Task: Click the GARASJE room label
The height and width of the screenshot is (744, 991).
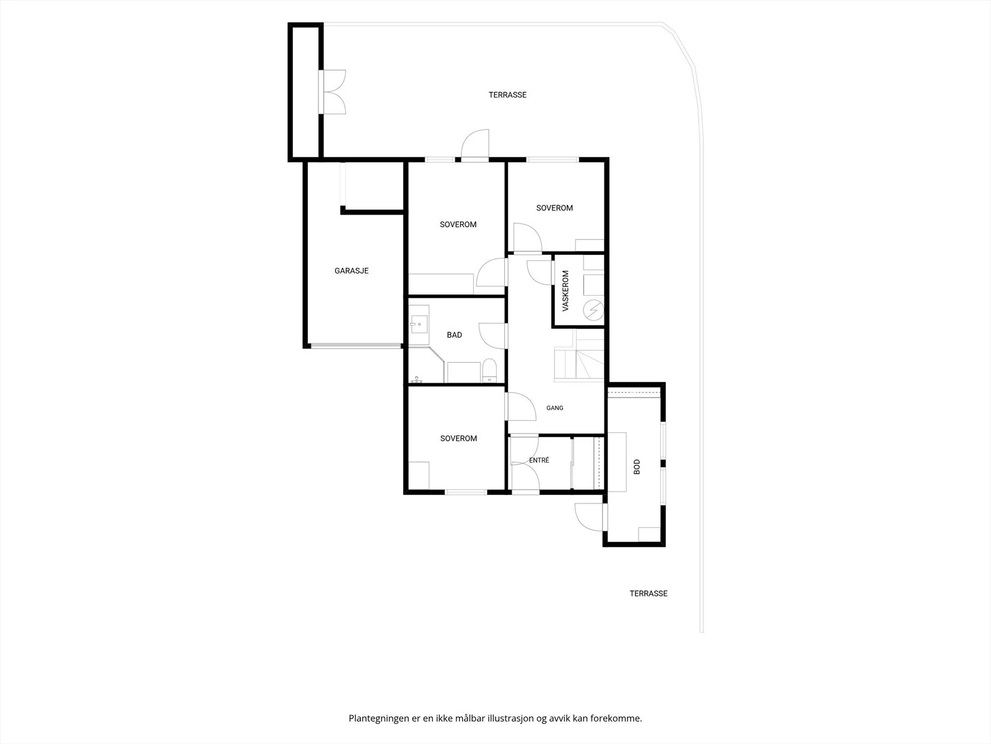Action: coord(351,270)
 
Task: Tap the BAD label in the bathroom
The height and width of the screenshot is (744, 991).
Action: coord(454,335)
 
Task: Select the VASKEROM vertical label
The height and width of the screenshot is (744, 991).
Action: coord(565,290)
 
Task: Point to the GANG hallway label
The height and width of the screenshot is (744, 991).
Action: coord(554,408)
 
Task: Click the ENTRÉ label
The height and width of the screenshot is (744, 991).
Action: coord(539,460)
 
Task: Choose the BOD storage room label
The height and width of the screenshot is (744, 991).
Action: coord(637,467)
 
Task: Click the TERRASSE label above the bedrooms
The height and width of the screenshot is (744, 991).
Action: coord(507,95)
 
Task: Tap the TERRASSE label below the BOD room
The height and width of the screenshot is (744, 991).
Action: coord(648,593)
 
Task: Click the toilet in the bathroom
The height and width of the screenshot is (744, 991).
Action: coord(489,371)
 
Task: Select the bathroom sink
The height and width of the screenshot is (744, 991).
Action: coord(419,324)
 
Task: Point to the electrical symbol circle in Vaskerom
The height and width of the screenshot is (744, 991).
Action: coord(593,311)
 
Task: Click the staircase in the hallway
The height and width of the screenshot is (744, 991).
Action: coord(579,356)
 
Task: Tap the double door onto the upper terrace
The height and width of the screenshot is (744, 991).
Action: coord(333,92)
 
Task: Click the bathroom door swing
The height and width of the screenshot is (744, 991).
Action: coord(493,335)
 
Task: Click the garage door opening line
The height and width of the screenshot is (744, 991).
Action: coord(356,346)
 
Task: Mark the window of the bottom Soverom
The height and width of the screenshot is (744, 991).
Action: coord(466,492)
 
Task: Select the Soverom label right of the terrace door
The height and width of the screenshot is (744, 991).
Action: coord(554,208)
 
